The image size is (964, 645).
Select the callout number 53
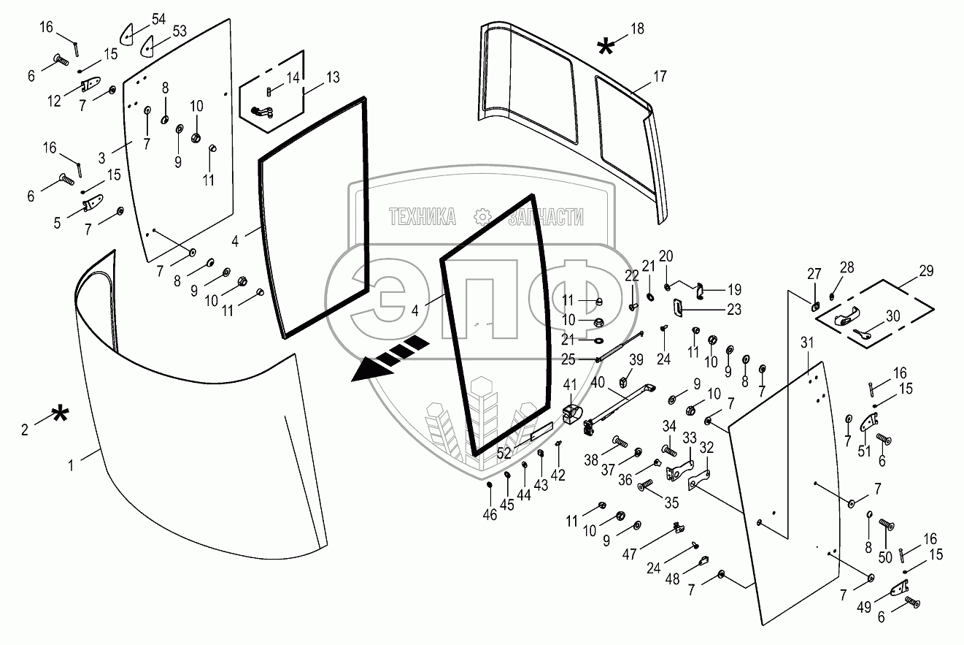tap(179, 31)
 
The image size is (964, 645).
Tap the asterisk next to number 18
tap(605, 47)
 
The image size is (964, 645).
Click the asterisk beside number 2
tap(59, 417)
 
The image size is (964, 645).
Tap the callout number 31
tap(806, 343)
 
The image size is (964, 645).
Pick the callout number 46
tap(489, 515)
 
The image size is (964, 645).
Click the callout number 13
tap(333, 77)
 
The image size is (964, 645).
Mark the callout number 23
tap(733, 309)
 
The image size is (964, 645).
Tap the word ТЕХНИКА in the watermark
tap(423, 217)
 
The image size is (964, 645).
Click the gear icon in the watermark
tap(482, 216)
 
